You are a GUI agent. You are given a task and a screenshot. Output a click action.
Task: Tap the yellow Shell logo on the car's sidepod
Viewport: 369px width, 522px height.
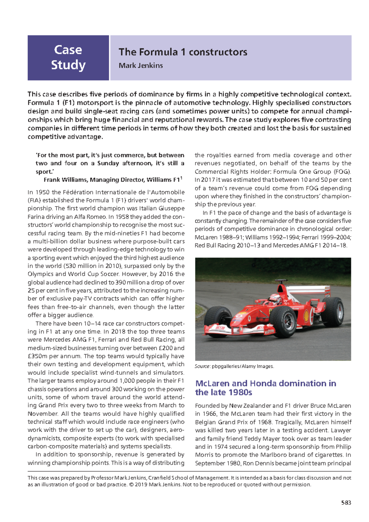pyautogui.click(x=306, y=314)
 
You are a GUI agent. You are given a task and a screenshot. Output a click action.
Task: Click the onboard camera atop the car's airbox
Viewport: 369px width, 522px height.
pyautogui.click(x=280, y=281)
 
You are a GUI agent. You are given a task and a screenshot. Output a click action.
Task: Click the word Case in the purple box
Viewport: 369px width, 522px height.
pyautogui.click(x=68, y=50)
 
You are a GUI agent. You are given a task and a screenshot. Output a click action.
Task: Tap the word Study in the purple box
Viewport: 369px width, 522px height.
pyautogui.click(x=68, y=65)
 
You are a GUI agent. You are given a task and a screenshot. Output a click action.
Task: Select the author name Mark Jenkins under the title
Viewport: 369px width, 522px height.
pyautogui.click(x=141, y=65)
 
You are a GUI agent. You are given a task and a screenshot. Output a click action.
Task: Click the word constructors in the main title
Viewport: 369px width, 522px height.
pyautogui.click(x=218, y=52)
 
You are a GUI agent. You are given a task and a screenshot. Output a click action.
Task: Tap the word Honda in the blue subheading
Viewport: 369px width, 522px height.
pyautogui.click(x=264, y=383)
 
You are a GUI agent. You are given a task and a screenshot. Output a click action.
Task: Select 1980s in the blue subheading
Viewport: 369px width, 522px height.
pyautogui.click(x=239, y=393)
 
